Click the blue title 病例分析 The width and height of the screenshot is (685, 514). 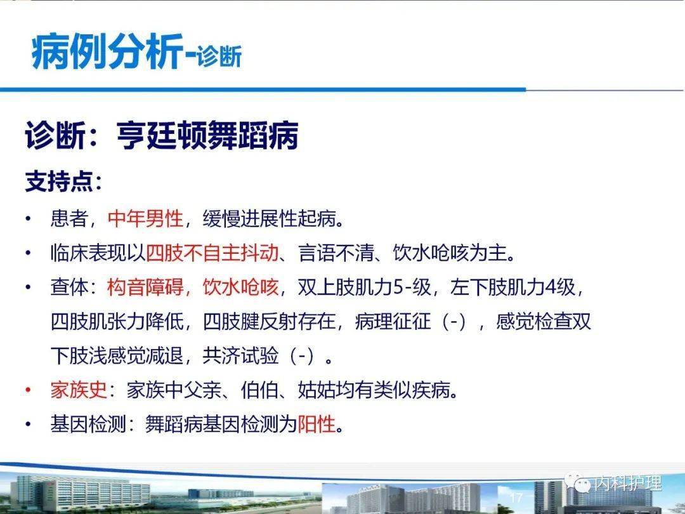(x=106, y=53)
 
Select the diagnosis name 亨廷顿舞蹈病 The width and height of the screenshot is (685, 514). (x=207, y=136)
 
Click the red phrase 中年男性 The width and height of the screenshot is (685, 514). (x=145, y=220)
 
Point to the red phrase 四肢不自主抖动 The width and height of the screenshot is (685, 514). (x=212, y=254)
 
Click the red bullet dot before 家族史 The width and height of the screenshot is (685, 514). (x=28, y=390)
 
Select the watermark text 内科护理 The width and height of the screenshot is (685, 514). (x=627, y=484)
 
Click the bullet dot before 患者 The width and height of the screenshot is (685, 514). (x=28, y=220)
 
